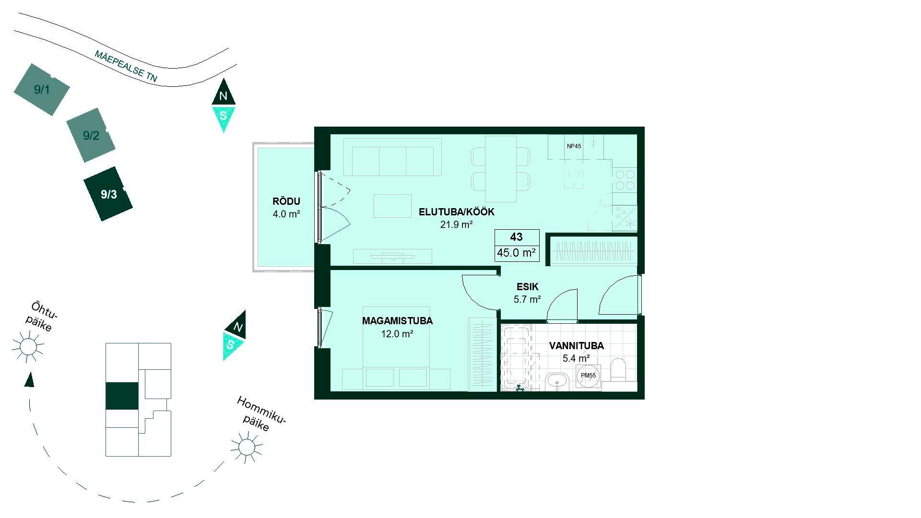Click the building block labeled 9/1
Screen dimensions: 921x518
(x=42, y=89)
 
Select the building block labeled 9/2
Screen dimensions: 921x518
(x=91, y=135)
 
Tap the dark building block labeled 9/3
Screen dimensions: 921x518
(x=108, y=194)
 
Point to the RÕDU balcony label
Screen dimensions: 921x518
(x=286, y=201)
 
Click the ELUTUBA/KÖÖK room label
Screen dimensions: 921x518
(x=457, y=212)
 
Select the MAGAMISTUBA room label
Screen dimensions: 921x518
(x=397, y=321)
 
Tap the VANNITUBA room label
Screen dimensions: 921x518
(x=577, y=346)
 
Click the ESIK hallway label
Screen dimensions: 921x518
(x=528, y=287)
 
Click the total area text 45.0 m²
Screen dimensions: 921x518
(x=517, y=253)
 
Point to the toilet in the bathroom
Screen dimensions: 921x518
(x=619, y=371)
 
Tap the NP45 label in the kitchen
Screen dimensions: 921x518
(x=574, y=146)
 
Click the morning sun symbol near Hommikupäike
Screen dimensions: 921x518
(x=247, y=447)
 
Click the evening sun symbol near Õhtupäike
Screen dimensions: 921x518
(x=28, y=346)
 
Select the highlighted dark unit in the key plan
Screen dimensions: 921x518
(x=122, y=396)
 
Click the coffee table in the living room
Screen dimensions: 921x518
(x=392, y=206)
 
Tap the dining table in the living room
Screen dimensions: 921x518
(x=501, y=169)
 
